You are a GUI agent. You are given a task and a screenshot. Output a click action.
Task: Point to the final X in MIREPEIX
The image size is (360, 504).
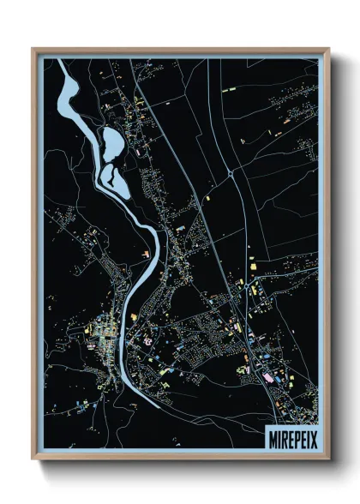click(x=309, y=433)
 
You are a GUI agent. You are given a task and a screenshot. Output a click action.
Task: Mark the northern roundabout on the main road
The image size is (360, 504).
click(x=231, y=174)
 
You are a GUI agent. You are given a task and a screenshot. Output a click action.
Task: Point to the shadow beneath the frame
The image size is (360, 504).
click(x=180, y=466)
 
